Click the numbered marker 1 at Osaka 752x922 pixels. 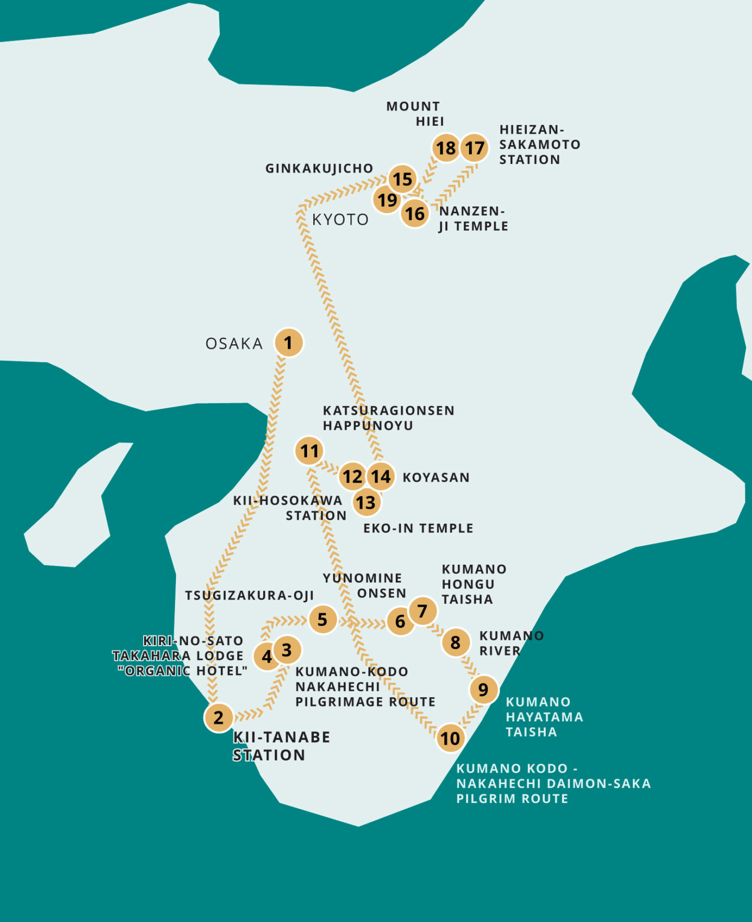pyautogui.click(x=288, y=343)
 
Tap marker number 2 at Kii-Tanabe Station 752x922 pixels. pyautogui.click(x=219, y=717)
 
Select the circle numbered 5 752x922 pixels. pyautogui.click(x=323, y=620)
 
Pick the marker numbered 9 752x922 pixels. pyautogui.click(x=484, y=690)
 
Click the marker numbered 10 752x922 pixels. pyautogui.click(x=450, y=738)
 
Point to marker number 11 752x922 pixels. pyautogui.click(x=309, y=451)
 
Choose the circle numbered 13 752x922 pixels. pyautogui.click(x=366, y=503)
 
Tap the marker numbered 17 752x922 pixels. pyautogui.click(x=475, y=148)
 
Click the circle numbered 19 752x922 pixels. pyautogui.click(x=387, y=200)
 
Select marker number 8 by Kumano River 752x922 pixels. pyautogui.click(x=455, y=642)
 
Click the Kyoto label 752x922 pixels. pyautogui.click(x=340, y=219)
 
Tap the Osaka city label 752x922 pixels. pyautogui.click(x=234, y=344)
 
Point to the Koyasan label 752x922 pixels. pyautogui.click(x=436, y=477)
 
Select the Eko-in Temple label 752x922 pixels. pyautogui.click(x=418, y=528)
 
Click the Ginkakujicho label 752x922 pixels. pyautogui.click(x=319, y=168)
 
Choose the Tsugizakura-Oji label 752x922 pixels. pyautogui.click(x=249, y=596)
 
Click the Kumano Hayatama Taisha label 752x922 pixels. pyautogui.click(x=544, y=717)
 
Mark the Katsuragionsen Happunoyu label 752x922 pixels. pyautogui.click(x=388, y=418)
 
